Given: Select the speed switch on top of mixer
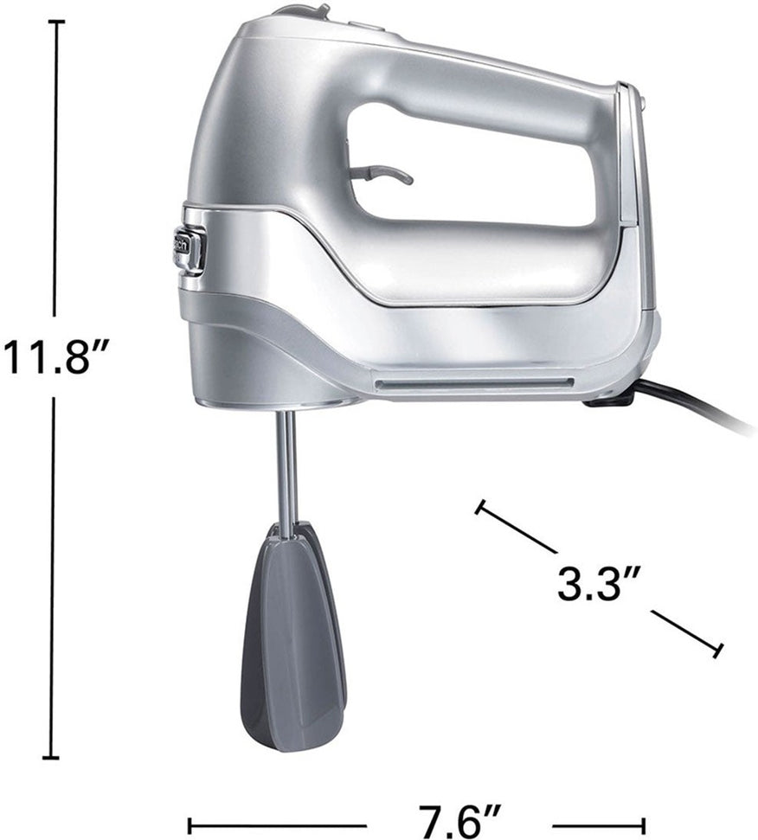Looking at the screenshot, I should coord(304,11).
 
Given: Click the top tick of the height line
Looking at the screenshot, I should coord(56,22).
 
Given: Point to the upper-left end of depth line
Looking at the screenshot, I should coord(479,506).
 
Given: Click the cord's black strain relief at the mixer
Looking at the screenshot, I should coord(609,398).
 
